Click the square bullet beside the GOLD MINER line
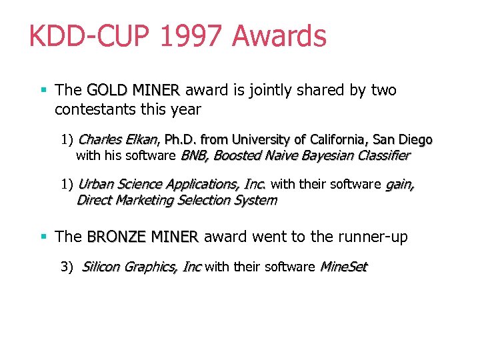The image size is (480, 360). (x=44, y=89)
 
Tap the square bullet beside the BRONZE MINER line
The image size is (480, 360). (x=44, y=236)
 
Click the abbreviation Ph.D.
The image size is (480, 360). (x=180, y=140)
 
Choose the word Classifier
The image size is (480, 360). (x=382, y=156)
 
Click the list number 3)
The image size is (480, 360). (x=67, y=267)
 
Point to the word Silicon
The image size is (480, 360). (x=101, y=267)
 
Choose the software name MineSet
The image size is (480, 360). (x=344, y=267)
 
